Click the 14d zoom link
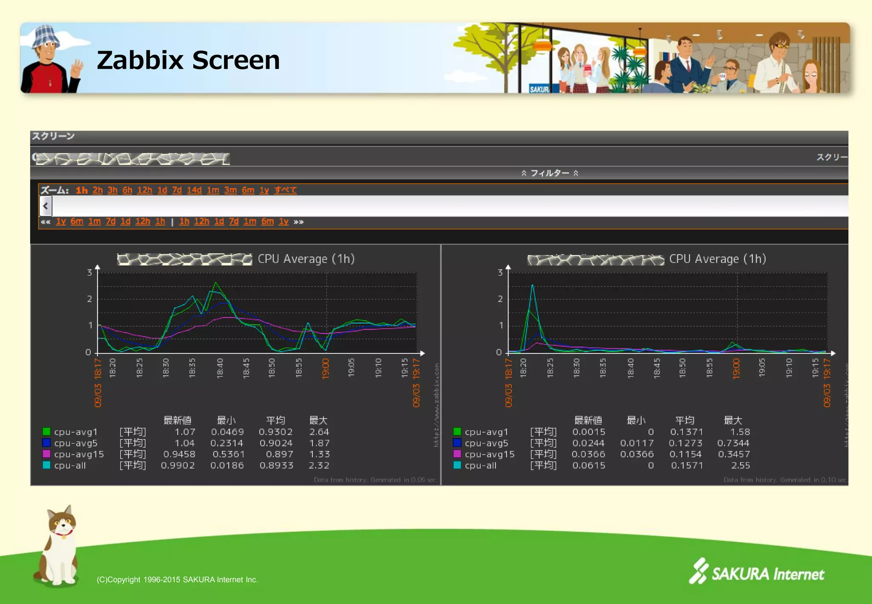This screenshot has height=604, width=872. (194, 190)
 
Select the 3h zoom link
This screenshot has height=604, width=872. (112, 190)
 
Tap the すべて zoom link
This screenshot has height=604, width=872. (285, 190)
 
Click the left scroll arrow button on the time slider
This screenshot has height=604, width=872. (46, 206)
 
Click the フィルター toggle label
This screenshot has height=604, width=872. (550, 173)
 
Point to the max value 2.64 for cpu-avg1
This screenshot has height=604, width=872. (319, 432)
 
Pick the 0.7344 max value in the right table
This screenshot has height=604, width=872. (733, 443)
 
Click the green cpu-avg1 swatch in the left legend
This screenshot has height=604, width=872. (46, 431)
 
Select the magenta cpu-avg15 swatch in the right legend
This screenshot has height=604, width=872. (457, 454)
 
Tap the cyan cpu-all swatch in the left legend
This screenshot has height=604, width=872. (46, 465)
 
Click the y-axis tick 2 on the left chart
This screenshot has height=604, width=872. (89, 299)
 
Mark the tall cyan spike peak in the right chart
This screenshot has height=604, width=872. (532, 285)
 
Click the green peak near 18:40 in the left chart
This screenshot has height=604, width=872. (216, 283)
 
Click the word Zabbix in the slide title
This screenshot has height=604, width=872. (140, 60)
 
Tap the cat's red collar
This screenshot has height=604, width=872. (64, 532)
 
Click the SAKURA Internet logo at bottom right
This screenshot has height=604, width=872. (757, 573)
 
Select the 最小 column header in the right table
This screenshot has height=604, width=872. (636, 420)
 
